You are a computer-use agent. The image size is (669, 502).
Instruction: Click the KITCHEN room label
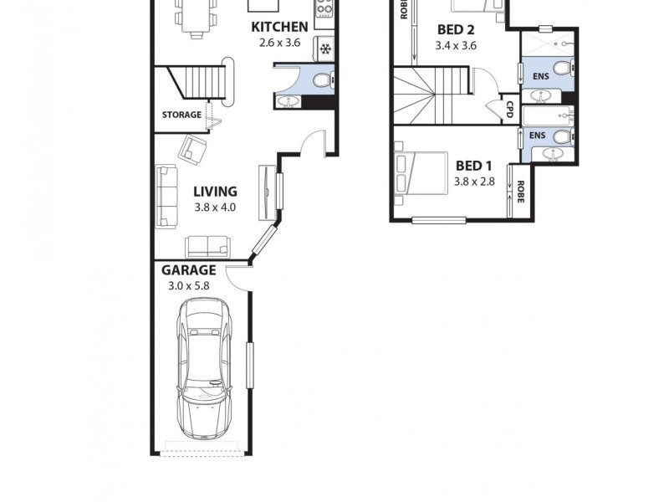279,27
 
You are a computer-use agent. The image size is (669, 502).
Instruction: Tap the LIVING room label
215,192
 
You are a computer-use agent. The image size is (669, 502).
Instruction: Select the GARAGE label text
188,270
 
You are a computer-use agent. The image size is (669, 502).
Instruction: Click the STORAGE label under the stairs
181,115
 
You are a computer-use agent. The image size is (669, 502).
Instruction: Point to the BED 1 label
473,165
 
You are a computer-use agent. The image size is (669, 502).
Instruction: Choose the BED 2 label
457,30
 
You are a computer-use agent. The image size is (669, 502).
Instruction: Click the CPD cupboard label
509,109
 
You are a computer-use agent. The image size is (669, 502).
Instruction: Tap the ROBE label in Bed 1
520,193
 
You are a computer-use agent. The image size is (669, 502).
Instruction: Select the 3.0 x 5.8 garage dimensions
188,286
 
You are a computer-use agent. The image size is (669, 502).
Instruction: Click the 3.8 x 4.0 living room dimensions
215,207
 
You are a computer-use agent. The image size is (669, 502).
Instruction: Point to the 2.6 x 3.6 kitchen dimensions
279,42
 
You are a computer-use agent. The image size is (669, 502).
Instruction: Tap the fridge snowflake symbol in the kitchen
325,48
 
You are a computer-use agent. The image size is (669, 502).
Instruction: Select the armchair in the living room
194,150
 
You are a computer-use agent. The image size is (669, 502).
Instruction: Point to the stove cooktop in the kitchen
324,10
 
